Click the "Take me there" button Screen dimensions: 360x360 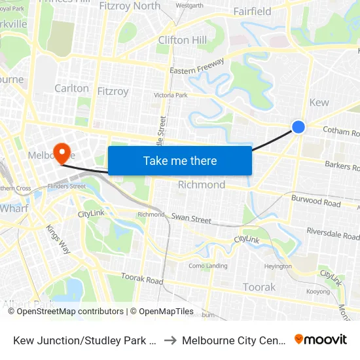[x=180, y=160]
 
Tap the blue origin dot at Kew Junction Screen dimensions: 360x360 [x=298, y=127]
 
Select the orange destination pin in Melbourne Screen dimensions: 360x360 [x=63, y=153]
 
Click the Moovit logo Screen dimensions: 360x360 [x=321, y=339]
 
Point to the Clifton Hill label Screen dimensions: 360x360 [x=183, y=40]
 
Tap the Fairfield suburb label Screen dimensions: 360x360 [x=252, y=11]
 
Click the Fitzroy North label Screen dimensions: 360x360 [x=130, y=6]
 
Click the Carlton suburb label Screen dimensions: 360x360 [x=71, y=88]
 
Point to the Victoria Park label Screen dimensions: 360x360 [x=170, y=96]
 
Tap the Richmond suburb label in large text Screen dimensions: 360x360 [x=202, y=185]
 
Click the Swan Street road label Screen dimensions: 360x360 [x=191, y=217]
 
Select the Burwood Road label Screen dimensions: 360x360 [x=315, y=201]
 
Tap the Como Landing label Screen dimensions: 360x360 [x=208, y=266]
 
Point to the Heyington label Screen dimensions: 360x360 [x=278, y=266]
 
